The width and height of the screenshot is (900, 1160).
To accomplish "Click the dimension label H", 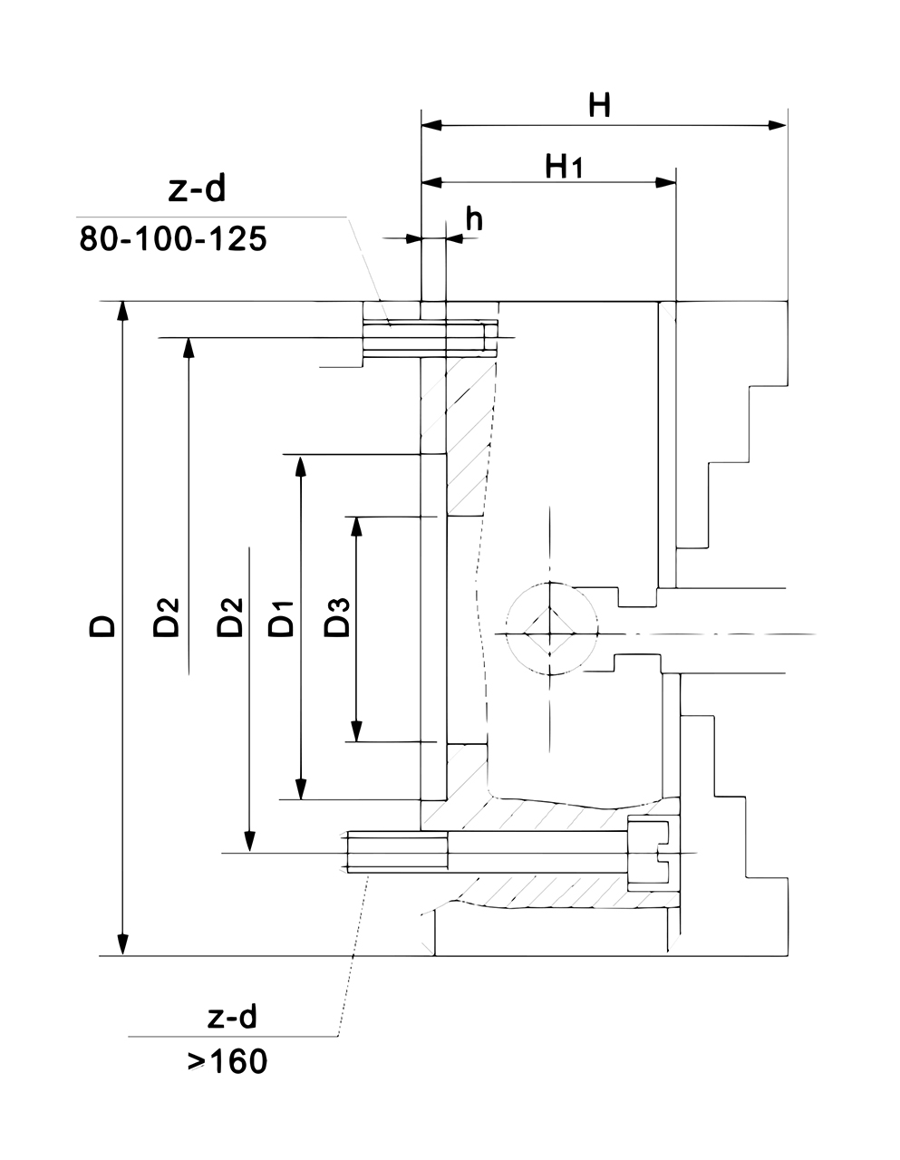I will (x=599, y=106).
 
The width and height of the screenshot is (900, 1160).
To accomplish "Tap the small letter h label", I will (x=474, y=218).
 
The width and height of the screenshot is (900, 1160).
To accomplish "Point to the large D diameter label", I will (x=102, y=626).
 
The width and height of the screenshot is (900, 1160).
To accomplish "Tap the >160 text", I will (x=227, y=1061).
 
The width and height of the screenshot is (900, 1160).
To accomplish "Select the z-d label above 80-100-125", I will (x=196, y=189).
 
